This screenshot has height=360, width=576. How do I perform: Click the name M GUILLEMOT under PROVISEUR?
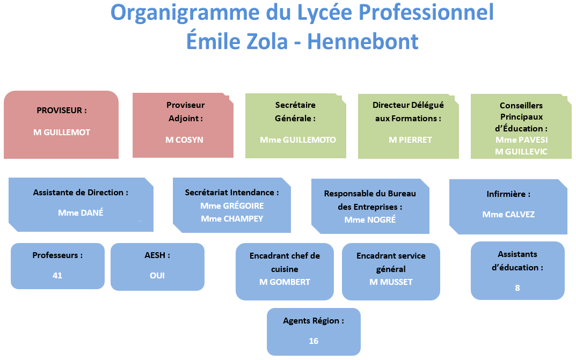(x=62, y=133)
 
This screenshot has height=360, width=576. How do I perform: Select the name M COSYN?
(x=184, y=140)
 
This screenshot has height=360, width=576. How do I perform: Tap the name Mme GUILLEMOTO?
(x=298, y=140)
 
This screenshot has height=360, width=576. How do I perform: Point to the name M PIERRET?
(x=410, y=140)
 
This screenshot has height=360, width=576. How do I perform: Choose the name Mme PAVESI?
(x=522, y=140)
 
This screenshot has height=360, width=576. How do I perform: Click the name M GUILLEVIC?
(x=521, y=151)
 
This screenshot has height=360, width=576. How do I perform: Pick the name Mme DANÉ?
(x=81, y=213)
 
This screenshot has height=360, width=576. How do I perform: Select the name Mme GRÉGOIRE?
(x=232, y=206)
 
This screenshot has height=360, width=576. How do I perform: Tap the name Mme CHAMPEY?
(x=232, y=219)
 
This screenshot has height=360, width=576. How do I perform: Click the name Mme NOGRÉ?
(x=370, y=220)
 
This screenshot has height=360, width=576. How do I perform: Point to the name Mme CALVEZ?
(x=508, y=215)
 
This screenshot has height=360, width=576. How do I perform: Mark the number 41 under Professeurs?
(x=57, y=276)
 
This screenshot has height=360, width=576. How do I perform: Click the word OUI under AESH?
(x=157, y=276)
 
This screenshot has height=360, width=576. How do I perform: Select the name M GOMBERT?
(x=285, y=282)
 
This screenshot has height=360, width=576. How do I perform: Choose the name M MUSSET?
(x=391, y=282)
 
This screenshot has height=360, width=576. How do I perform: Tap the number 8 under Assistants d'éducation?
(x=517, y=288)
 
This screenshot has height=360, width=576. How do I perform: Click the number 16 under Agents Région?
(x=313, y=341)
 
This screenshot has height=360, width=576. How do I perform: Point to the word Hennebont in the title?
(x=362, y=41)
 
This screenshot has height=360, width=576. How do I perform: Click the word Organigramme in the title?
(x=185, y=13)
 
